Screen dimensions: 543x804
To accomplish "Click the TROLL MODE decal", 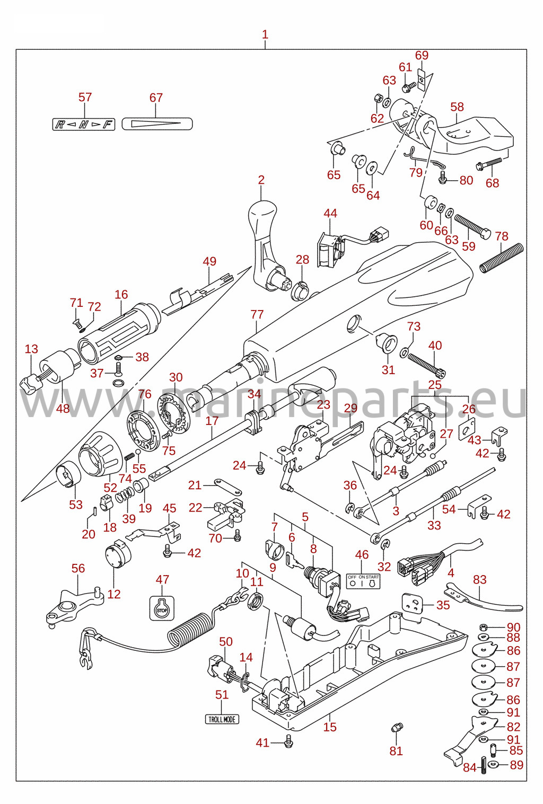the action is (222, 719).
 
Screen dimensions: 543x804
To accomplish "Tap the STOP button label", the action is (162, 608).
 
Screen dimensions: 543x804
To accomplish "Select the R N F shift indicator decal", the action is (84, 125).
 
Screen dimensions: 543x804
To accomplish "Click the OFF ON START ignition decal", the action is (363, 581).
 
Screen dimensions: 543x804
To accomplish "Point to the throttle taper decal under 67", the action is (157, 124).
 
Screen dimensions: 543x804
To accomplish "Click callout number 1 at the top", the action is (265, 35).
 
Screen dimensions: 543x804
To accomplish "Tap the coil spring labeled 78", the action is (502, 258).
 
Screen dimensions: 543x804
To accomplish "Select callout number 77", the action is (257, 314).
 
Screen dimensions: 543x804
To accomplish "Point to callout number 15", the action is (330, 727).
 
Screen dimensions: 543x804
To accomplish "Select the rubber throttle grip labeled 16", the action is (118, 333).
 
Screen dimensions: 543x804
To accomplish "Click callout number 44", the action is (330, 213).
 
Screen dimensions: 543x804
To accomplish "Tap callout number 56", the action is (78, 568).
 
